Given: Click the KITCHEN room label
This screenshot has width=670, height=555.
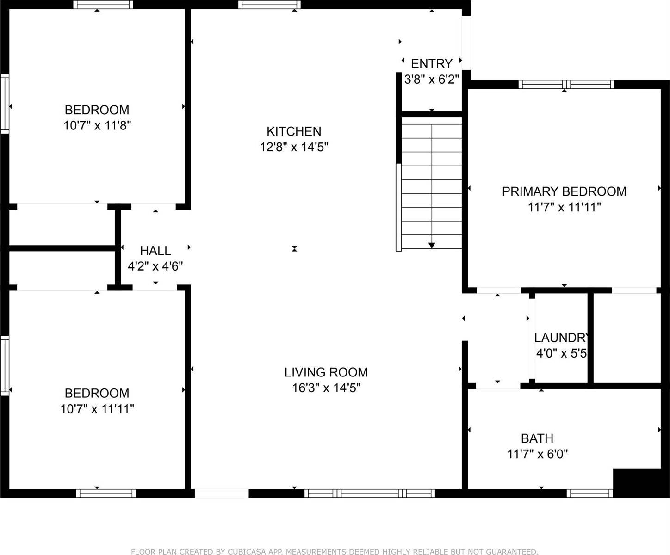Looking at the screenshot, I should (294, 131).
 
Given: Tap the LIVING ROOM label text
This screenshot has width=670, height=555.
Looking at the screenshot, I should (326, 372).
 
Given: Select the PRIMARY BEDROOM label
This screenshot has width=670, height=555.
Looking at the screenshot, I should (564, 191).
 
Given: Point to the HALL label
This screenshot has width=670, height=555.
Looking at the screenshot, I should (155, 251).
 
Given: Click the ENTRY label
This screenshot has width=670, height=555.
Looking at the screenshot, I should (431, 64).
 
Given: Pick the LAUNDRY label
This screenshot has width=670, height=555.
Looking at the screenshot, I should (561, 337).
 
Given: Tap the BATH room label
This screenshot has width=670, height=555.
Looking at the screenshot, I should (537, 438).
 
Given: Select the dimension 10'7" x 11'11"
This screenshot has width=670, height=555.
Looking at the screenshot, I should (97, 409).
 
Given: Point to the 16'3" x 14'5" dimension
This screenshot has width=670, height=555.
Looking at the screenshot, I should (326, 388).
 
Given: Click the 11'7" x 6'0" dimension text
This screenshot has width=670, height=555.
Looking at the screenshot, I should (537, 454).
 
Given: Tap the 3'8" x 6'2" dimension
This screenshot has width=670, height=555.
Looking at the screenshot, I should (431, 80).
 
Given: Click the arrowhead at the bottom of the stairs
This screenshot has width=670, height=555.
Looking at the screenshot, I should (431, 245).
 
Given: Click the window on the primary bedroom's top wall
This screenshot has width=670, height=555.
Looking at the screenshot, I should (566, 84).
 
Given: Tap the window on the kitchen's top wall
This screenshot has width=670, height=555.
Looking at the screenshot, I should (269, 5).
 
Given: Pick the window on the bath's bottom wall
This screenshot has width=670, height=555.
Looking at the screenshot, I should (589, 493).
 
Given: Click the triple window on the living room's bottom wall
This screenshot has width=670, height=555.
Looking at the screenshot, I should (369, 493).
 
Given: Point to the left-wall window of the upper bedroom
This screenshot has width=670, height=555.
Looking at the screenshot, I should (5, 104).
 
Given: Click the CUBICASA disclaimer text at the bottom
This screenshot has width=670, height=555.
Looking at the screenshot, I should (335, 551).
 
